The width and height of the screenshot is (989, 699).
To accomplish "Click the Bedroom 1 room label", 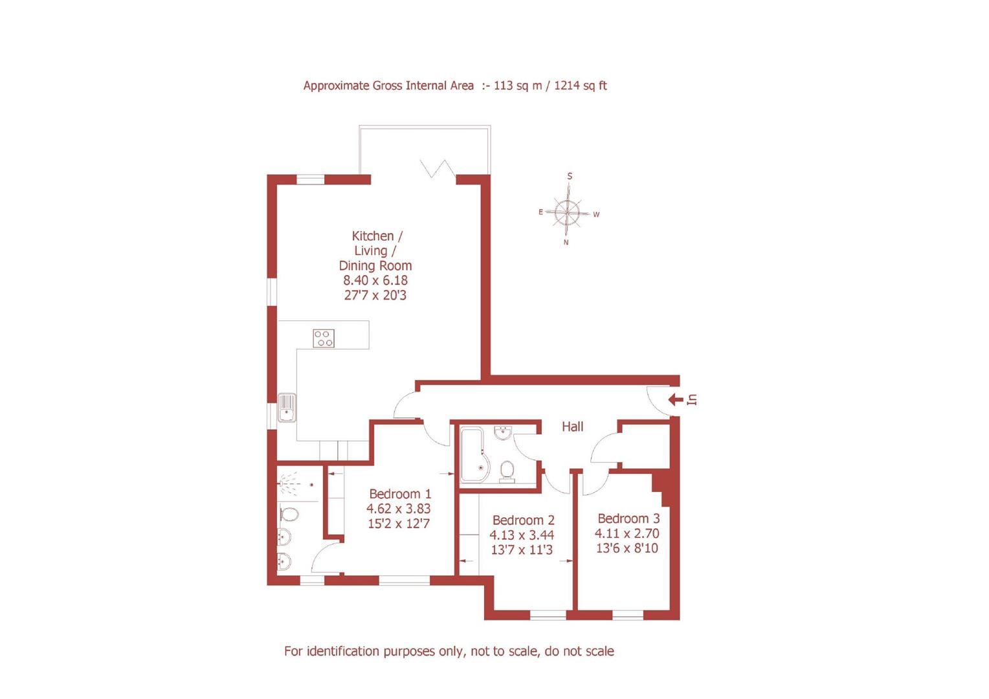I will (x=399, y=494).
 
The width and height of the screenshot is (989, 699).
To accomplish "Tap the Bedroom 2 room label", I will (x=523, y=520).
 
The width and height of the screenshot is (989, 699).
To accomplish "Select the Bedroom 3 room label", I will (x=628, y=518).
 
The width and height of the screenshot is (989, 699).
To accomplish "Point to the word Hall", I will (x=572, y=427).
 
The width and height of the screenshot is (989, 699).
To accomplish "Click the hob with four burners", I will (x=324, y=338).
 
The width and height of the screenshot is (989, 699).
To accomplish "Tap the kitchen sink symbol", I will (x=287, y=408).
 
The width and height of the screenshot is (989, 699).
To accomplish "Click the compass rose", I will (x=568, y=211).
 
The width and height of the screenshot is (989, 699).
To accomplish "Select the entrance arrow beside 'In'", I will (x=675, y=399).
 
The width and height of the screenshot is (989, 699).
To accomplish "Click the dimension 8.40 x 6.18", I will (x=375, y=280).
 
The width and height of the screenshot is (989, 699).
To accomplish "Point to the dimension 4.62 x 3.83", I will (x=398, y=509).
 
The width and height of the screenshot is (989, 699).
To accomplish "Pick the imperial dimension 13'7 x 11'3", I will (x=522, y=550).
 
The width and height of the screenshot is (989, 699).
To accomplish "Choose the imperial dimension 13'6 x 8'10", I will (x=627, y=548).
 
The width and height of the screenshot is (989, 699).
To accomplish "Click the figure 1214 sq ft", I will (x=580, y=85).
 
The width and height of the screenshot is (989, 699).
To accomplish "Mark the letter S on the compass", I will (x=570, y=176).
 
